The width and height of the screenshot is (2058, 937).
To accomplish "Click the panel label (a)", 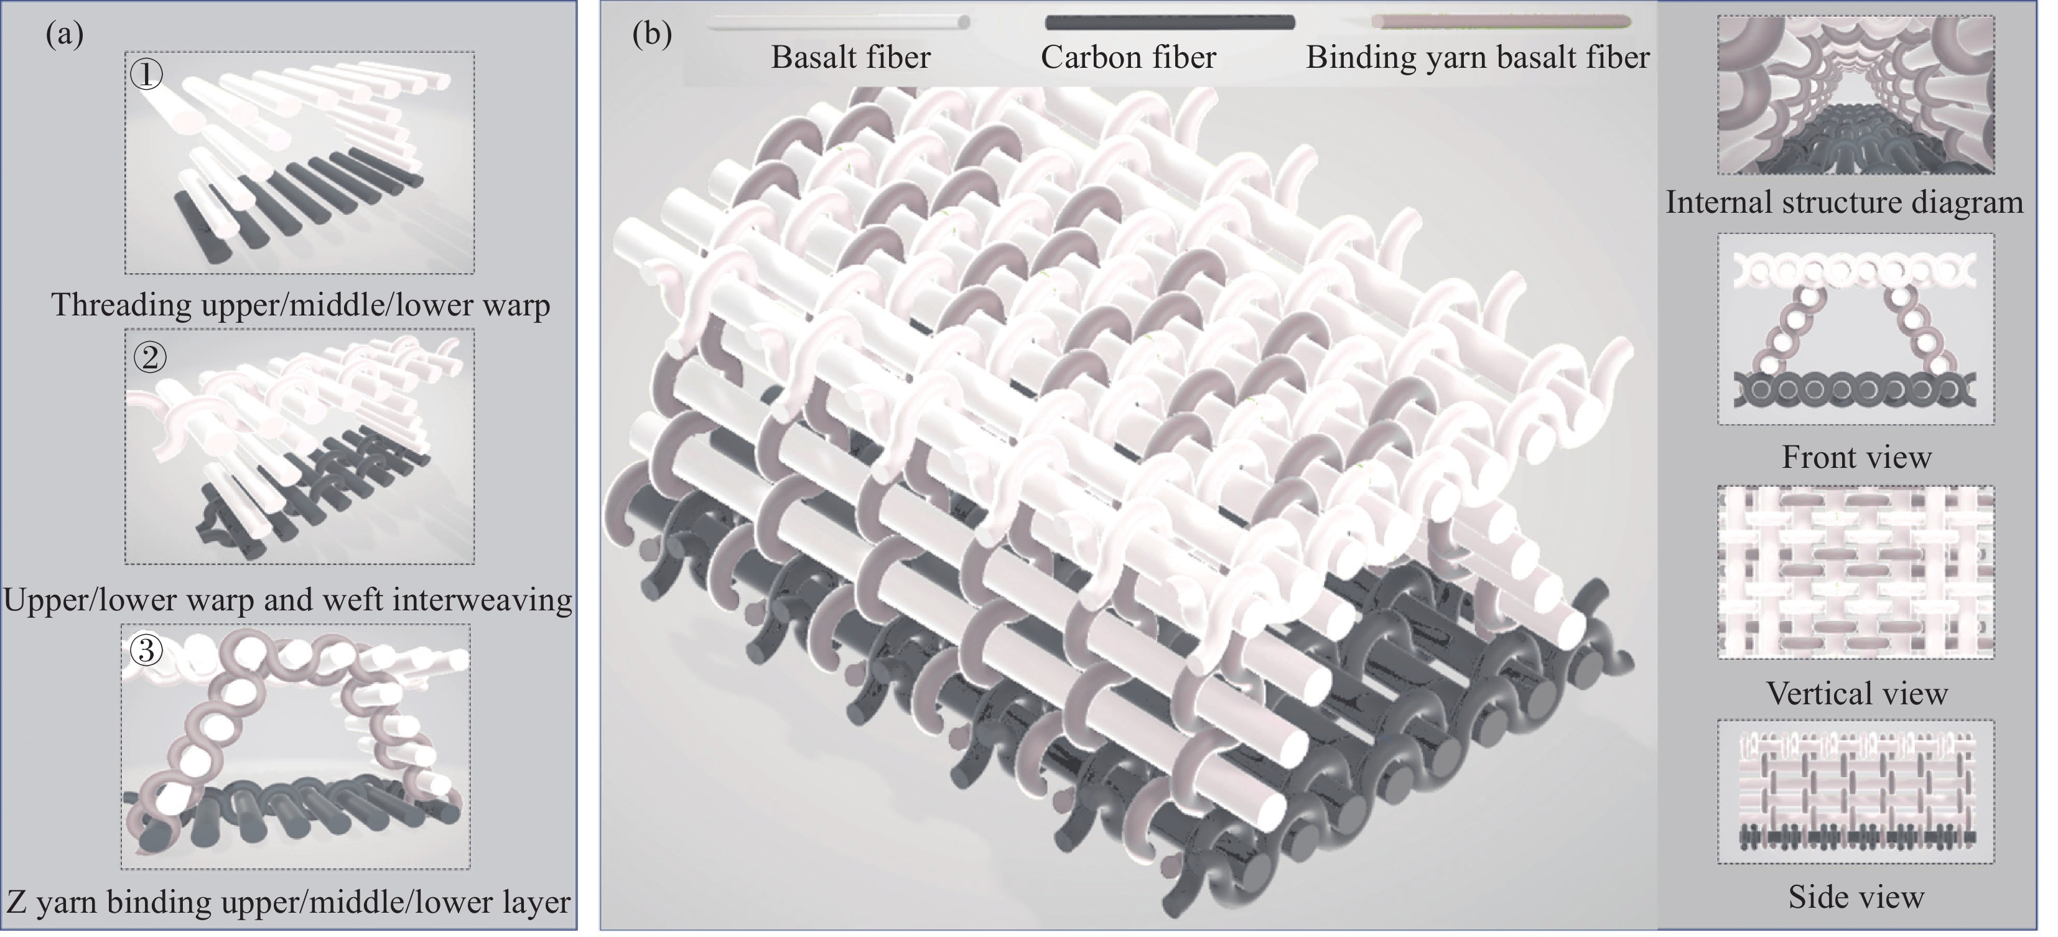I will (x=65, y=34).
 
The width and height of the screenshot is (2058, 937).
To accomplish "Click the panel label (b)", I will (x=652, y=34).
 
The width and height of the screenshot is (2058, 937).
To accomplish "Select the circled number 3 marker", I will (x=146, y=650).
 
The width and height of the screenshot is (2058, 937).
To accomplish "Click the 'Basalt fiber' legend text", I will (x=851, y=57).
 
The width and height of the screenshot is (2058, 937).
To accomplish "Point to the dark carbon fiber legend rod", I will (x=1170, y=22).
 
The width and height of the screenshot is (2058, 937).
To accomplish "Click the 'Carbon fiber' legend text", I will (x=1128, y=57).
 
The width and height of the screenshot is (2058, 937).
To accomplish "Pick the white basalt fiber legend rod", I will (x=838, y=23).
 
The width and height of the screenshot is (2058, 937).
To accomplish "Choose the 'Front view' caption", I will (x=1856, y=457).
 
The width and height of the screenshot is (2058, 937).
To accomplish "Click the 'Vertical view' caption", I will (x=1856, y=692).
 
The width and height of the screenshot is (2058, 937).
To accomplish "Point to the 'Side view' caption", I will (x=1856, y=897).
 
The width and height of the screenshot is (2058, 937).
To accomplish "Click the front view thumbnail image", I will (x=1855, y=329).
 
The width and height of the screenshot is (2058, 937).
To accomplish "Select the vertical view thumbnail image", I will (x=1855, y=571).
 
